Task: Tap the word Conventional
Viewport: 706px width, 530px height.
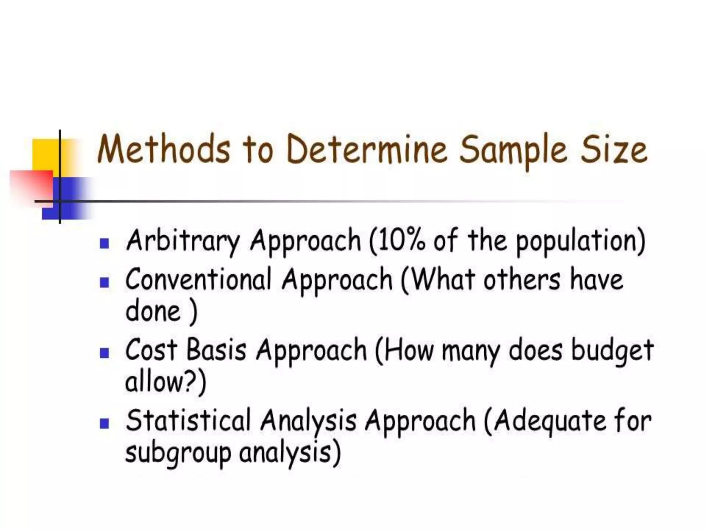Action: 198,279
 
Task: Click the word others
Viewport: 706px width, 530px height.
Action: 522,279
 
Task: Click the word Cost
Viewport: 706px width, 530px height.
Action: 151,350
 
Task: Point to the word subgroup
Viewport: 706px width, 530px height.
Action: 178,454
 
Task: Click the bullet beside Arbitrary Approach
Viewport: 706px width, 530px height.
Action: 104,243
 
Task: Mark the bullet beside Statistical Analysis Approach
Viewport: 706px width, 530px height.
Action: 104,423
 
